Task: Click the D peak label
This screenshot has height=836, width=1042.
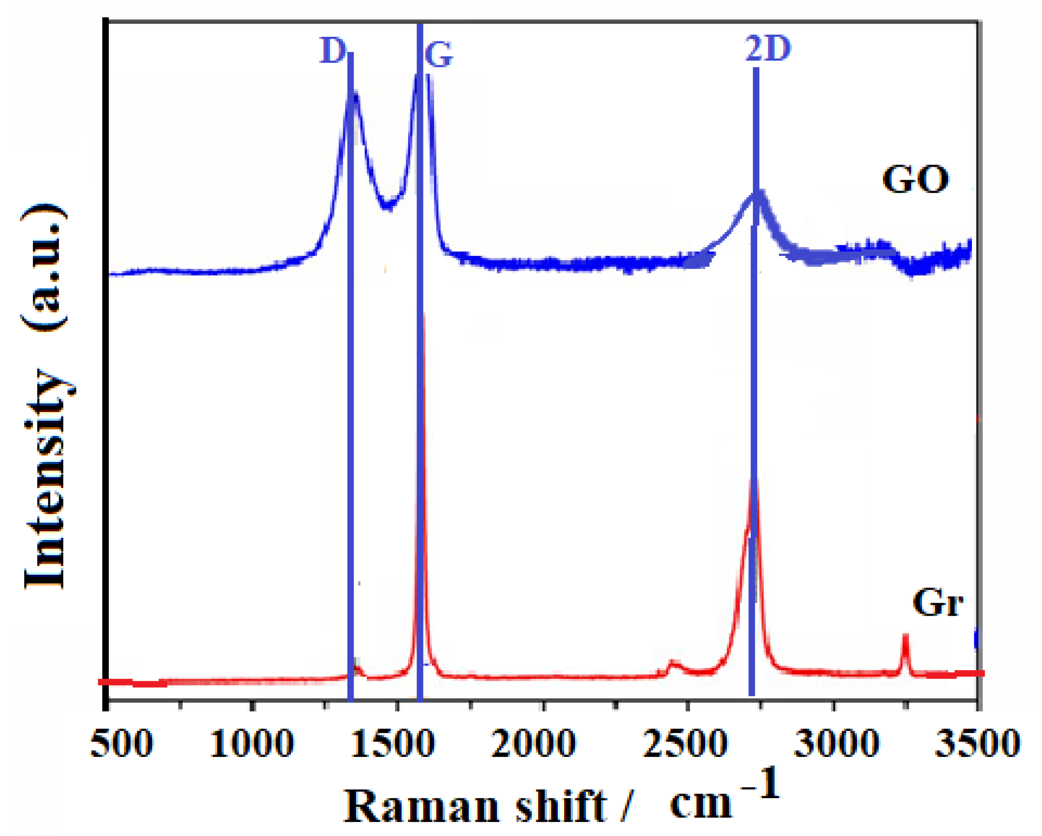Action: (332, 51)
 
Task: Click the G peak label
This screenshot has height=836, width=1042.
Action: (438, 55)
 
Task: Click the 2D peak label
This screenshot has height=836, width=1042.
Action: (767, 49)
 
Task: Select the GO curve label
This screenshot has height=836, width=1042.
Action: (915, 180)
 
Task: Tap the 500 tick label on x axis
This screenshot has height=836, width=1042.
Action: (122, 743)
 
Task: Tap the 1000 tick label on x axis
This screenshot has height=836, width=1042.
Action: (251, 743)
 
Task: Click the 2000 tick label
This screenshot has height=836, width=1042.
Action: (534, 743)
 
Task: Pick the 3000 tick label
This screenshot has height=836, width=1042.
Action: (837, 743)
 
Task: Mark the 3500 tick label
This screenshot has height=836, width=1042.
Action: (977, 743)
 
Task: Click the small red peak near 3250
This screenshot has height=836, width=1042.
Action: (905, 637)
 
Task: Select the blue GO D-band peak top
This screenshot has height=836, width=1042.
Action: (355, 93)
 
